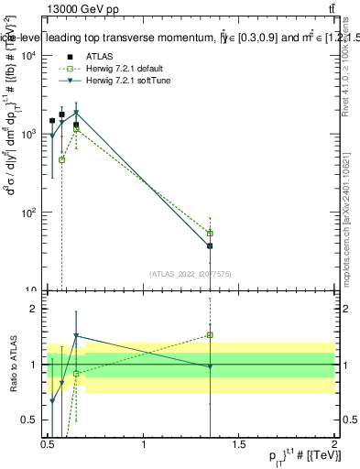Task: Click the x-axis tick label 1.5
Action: tap(239, 445)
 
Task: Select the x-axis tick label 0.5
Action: tap(48, 445)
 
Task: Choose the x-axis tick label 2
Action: tap(334, 445)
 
